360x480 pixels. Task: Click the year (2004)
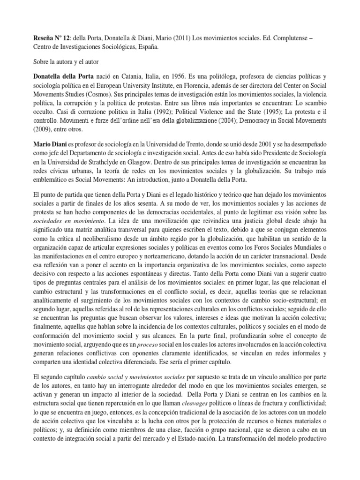tap(226, 125)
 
